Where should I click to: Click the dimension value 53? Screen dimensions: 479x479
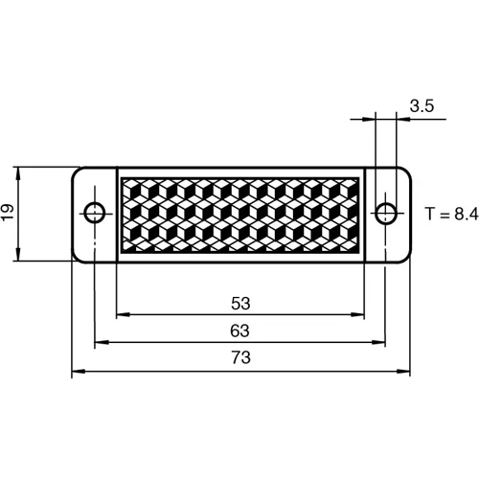tap(240, 304)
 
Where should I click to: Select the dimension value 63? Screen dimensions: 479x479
tap(240, 331)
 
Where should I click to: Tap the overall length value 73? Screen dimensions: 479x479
tap(240, 357)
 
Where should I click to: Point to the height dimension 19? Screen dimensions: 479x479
tap(9, 214)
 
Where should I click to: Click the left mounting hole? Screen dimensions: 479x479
tap(95, 213)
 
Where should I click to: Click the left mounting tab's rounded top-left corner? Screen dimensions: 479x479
tap(77, 171)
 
